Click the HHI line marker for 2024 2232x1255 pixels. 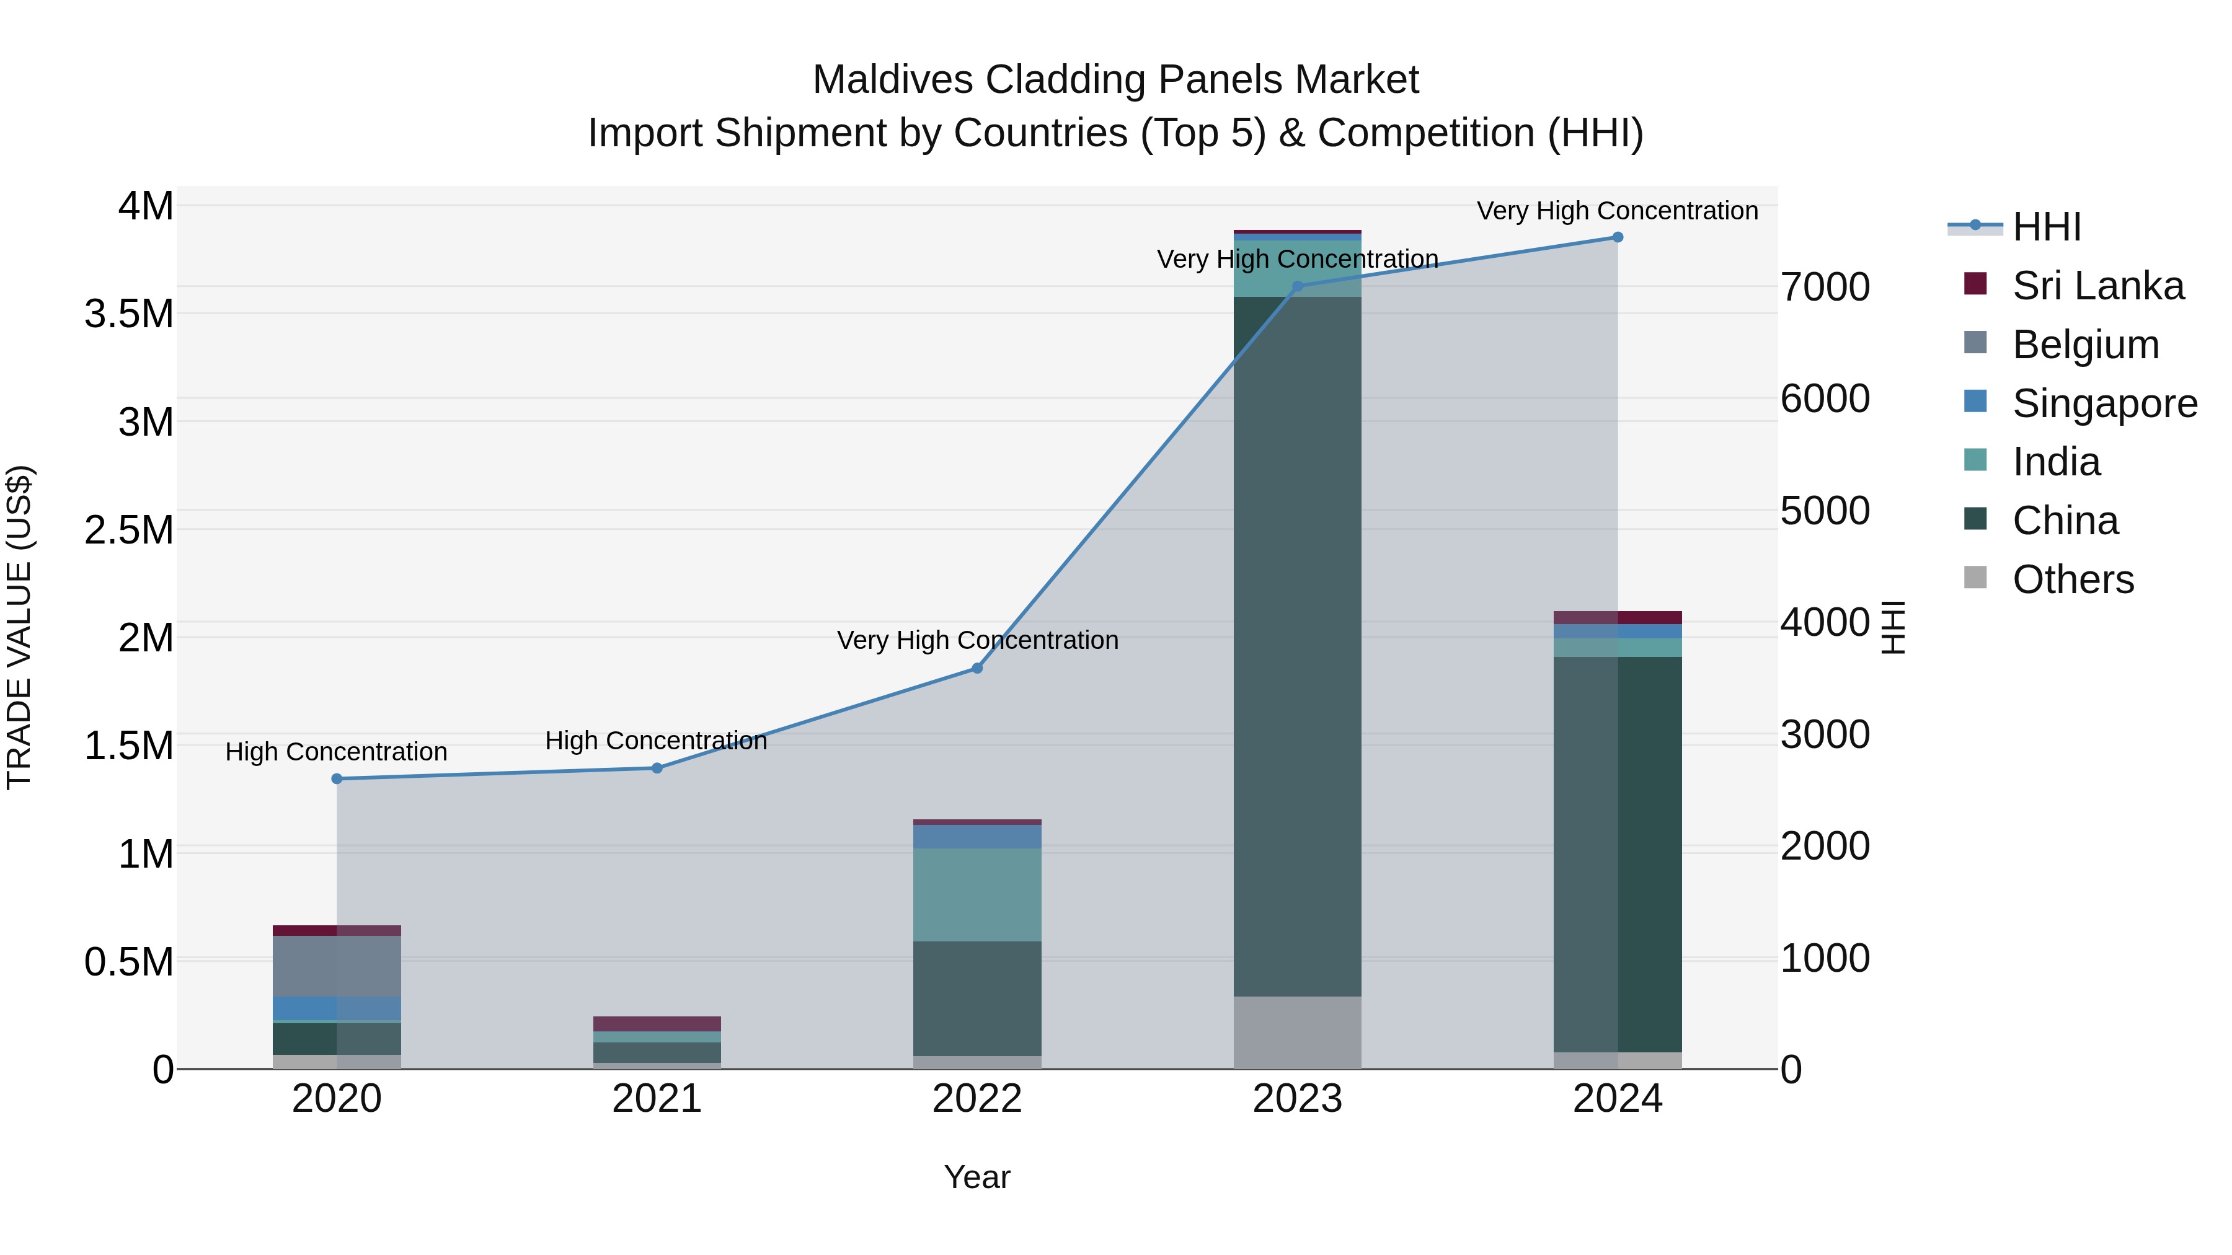(1617, 237)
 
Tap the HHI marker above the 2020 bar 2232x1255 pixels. (337, 778)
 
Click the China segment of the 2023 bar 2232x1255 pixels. (1297, 645)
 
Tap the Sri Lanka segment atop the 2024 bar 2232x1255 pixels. (1617, 617)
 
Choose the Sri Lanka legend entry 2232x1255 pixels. (2097, 286)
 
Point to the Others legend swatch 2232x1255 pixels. (1975, 578)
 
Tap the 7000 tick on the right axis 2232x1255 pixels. (1825, 288)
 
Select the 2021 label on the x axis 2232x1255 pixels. (657, 1099)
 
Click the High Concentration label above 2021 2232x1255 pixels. (656, 741)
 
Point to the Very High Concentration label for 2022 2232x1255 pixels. (977, 640)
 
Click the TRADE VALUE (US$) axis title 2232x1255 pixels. (19, 627)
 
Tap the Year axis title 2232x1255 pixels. (976, 1177)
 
